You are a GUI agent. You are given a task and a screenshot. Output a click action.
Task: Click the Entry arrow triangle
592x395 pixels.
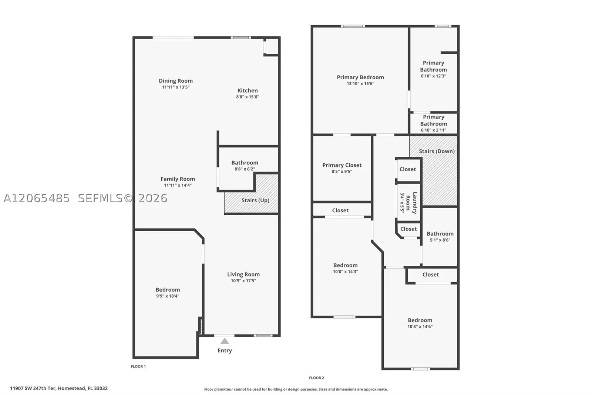tap(225, 341)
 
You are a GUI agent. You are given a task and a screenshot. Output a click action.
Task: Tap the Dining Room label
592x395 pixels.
tap(176, 81)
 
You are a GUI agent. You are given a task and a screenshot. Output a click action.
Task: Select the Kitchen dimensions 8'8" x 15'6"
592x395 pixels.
tap(248, 97)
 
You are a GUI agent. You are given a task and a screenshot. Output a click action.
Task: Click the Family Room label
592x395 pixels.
tap(178, 179)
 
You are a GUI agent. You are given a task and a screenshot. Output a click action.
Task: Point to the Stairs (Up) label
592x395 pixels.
tap(255, 200)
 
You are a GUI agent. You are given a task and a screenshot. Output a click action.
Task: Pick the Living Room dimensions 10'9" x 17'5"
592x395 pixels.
tap(243, 281)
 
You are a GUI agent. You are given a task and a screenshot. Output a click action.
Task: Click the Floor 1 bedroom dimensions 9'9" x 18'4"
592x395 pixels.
tap(168, 296)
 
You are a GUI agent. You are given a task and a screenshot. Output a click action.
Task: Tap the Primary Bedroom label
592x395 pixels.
tap(360, 77)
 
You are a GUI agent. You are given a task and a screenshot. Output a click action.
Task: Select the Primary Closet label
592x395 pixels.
tap(342, 165)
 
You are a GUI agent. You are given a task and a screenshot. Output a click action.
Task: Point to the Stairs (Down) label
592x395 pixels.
tap(437, 151)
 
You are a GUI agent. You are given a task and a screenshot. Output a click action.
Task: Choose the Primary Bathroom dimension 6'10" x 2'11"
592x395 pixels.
tap(434, 130)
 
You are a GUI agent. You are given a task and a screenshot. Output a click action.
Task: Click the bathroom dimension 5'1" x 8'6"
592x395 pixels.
tap(440, 240)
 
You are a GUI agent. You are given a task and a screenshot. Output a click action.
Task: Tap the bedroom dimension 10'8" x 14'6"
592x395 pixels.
tap(420, 327)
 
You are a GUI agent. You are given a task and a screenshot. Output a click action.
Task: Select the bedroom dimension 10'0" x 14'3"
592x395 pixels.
tap(346, 272)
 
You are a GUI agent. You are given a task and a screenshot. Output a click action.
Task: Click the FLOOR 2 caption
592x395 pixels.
tap(316, 378)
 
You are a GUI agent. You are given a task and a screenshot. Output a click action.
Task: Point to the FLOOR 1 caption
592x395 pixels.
tap(138, 366)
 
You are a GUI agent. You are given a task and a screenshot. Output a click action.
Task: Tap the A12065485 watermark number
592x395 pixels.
tap(37, 198)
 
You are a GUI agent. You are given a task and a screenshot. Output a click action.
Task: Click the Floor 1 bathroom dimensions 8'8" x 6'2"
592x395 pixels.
tap(245, 169)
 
